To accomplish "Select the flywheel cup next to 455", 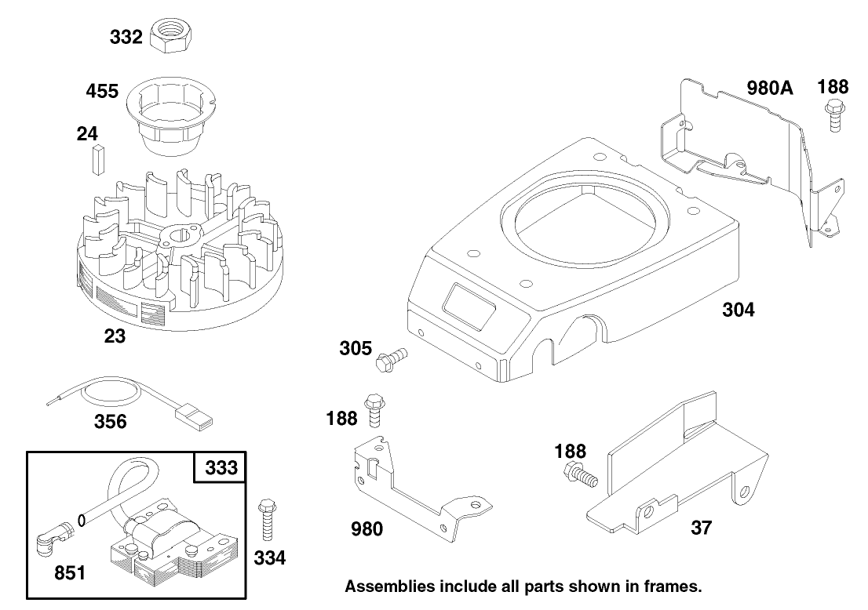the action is [x=170, y=116].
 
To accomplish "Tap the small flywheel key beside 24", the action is [x=99, y=159].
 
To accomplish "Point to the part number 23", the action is [x=115, y=336].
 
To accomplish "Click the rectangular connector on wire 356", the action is [x=193, y=416].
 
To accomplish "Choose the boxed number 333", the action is [x=221, y=468].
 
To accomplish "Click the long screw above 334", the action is [x=268, y=521].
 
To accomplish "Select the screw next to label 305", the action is [x=391, y=359].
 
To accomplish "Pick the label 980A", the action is [x=769, y=88].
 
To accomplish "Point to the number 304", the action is [x=739, y=310].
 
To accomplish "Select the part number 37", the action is [x=701, y=528].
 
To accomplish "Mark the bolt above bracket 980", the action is [x=374, y=410].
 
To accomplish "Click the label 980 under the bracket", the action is [x=367, y=529].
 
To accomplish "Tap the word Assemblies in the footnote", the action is [x=390, y=586].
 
